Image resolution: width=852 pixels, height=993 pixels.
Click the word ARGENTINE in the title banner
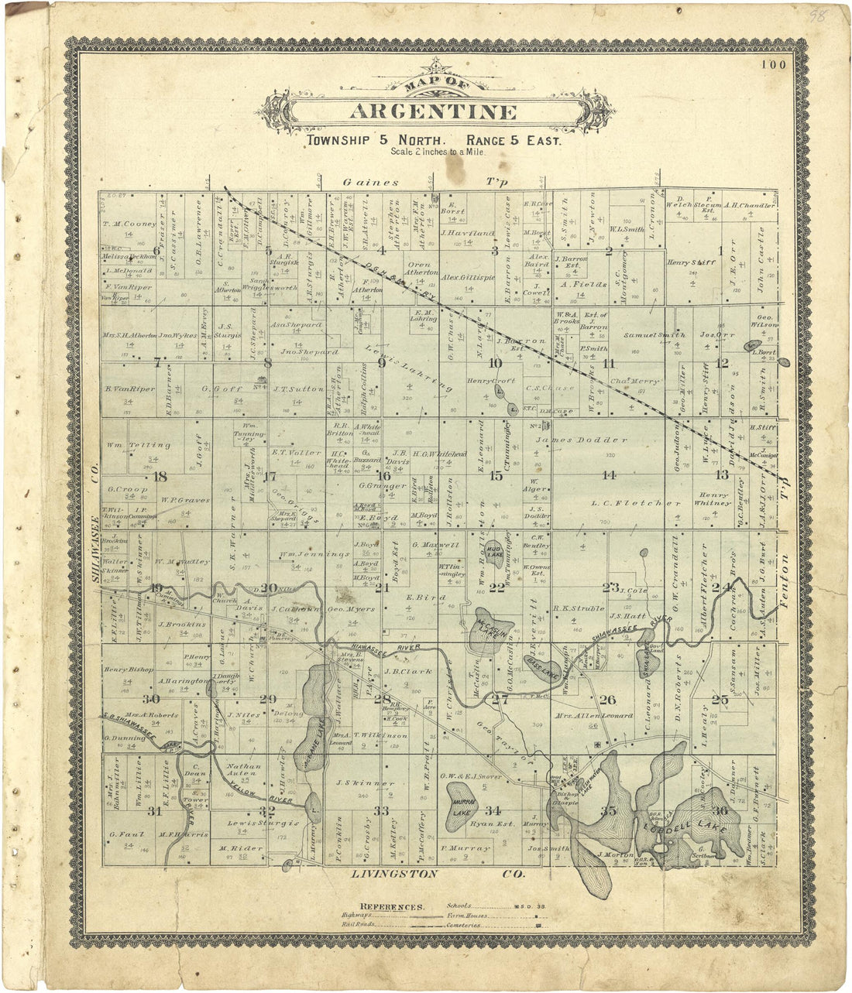tap(432, 111)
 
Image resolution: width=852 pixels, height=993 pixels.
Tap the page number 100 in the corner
tap(773, 65)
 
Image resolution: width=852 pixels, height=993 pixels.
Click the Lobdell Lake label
tap(683, 829)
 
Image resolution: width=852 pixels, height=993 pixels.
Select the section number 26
tap(607, 700)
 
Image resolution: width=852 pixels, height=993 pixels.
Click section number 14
tap(610, 475)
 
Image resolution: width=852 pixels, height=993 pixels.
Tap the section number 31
tap(156, 811)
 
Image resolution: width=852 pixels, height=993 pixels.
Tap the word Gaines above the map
tap(371, 183)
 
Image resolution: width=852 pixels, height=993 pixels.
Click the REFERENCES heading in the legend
tap(392, 906)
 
